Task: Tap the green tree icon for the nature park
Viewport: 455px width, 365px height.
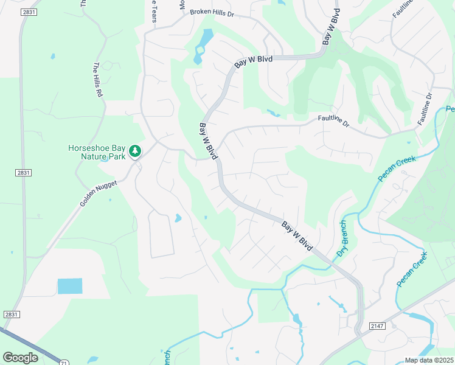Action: pyautogui.click(x=134, y=151)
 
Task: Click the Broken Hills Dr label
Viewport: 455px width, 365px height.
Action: pyautogui.click(x=212, y=12)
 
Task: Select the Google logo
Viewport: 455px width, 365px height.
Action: pyautogui.click(x=21, y=358)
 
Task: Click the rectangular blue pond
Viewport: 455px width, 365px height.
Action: pyautogui.click(x=70, y=286)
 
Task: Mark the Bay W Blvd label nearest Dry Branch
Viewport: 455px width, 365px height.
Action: pyautogui.click(x=296, y=237)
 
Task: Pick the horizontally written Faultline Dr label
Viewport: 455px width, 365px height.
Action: pyautogui.click(x=333, y=122)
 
